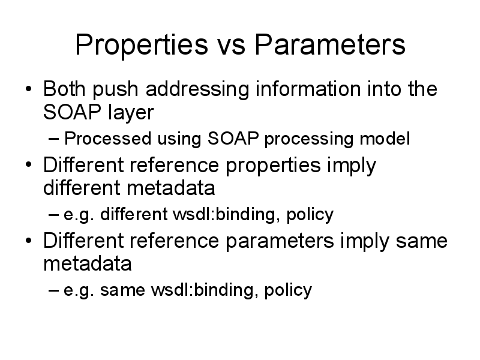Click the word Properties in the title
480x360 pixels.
pos(142,46)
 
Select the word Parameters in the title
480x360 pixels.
pos(330,44)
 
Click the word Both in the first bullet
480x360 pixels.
pos(64,89)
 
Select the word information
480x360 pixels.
pos(308,89)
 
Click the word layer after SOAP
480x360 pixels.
pos(131,113)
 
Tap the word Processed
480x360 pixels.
pos(108,139)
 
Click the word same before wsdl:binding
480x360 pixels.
pos(122,290)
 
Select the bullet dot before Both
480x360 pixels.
pos(28,89)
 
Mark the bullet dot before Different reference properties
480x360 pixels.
pos(28,165)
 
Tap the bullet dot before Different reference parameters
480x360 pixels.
pos(28,241)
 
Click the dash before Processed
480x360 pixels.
pos(53,139)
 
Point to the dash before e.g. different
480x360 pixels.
pos(53,215)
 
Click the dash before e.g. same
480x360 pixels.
pos(53,290)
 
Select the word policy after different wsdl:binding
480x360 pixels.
pos(310,215)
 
